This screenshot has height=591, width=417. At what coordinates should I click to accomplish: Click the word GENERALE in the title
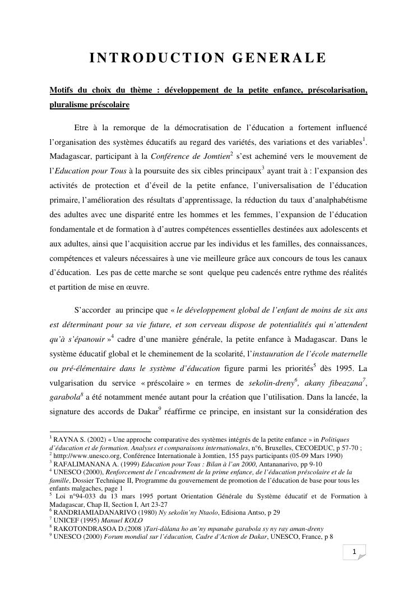pyautogui.click(x=275, y=58)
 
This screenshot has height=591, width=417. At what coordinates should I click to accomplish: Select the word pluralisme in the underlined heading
pyautogui.click(x=71, y=105)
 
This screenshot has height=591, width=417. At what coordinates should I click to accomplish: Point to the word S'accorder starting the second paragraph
pyautogui.click(x=92, y=309)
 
